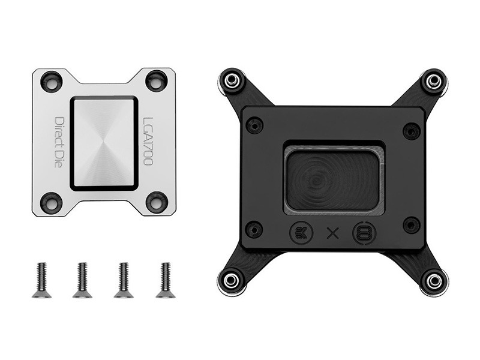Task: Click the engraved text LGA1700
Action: [x=148, y=142]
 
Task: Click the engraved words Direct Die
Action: [x=58, y=142]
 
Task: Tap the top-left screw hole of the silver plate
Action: [x=52, y=81]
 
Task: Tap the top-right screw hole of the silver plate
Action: [x=156, y=80]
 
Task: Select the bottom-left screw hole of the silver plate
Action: [x=52, y=203]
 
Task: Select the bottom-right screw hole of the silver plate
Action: [x=157, y=202]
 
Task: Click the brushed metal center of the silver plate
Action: [x=104, y=143]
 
